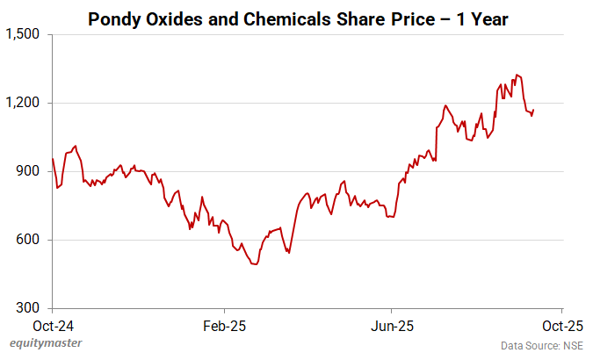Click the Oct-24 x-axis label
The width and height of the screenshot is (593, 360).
[x=53, y=325]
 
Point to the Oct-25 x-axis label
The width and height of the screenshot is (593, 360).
[x=562, y=325]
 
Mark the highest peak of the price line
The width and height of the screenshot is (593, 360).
[x=517, y=75]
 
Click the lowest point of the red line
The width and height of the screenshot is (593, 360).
[x=255, y=263]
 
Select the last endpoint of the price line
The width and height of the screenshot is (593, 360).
[x=533, y=110]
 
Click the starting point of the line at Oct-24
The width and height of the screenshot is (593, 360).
[x=53, y=159]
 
